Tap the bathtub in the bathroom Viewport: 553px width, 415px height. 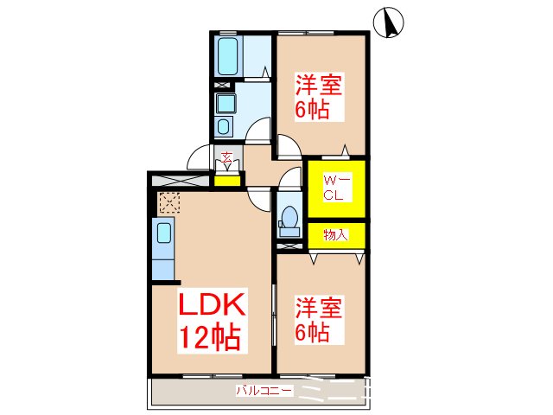coord(229,55)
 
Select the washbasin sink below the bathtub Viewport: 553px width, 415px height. coord(226,106)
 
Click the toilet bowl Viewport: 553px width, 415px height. coord(289,216)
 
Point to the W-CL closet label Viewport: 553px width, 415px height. coord(335,188)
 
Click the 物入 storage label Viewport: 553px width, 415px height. coord(335,234)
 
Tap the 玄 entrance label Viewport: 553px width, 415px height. coord(226,158)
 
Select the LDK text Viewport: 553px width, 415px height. coord(213,304)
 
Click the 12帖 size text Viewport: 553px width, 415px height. coord(209,337)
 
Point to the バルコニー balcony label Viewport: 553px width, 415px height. coord(264,391)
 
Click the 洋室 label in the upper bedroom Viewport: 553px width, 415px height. coord(320,86)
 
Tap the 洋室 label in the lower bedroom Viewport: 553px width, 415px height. coord(320,308)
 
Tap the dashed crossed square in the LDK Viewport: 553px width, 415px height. coord(169,204)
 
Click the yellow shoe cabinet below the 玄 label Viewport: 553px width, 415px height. coord(227,180)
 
